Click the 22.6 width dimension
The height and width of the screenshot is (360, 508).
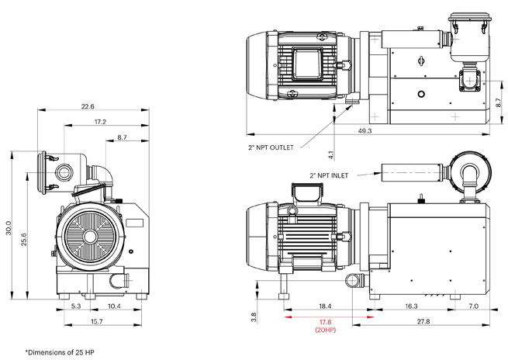tap(88, 106)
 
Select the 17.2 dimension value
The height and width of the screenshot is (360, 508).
tap(100, 122)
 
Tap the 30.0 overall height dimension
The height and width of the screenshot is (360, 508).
tap(9, 230)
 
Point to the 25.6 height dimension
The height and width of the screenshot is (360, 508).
tap(25, 240)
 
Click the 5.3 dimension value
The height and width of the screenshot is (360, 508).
tap(76, 307)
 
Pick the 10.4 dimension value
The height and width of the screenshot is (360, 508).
tap(113, 307)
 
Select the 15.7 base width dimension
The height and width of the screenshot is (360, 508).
tap(97, 321)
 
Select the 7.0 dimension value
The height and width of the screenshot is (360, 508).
tap(473, 307)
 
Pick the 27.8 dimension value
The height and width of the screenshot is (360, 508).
tap(423, 321)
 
